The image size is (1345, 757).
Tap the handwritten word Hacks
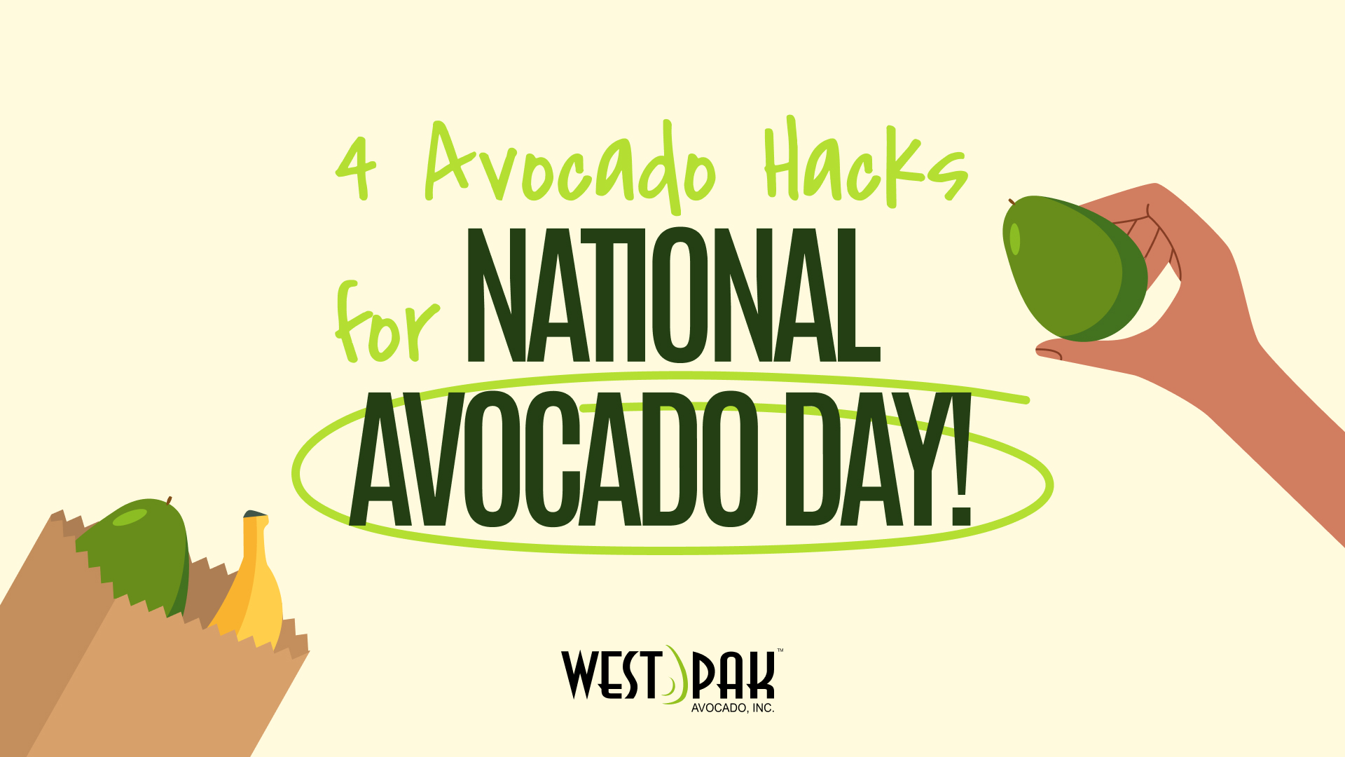pos(865,163)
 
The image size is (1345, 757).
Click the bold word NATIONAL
pos(673,295)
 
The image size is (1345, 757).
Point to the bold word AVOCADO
pos(554,459)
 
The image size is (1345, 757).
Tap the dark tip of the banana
pos(255,514)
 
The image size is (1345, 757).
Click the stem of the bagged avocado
pos(169,500)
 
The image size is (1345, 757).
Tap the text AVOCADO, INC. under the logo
pos(733,708)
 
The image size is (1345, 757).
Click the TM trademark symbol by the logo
pos(780,650)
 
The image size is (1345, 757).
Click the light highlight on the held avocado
pos(1015,239)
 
